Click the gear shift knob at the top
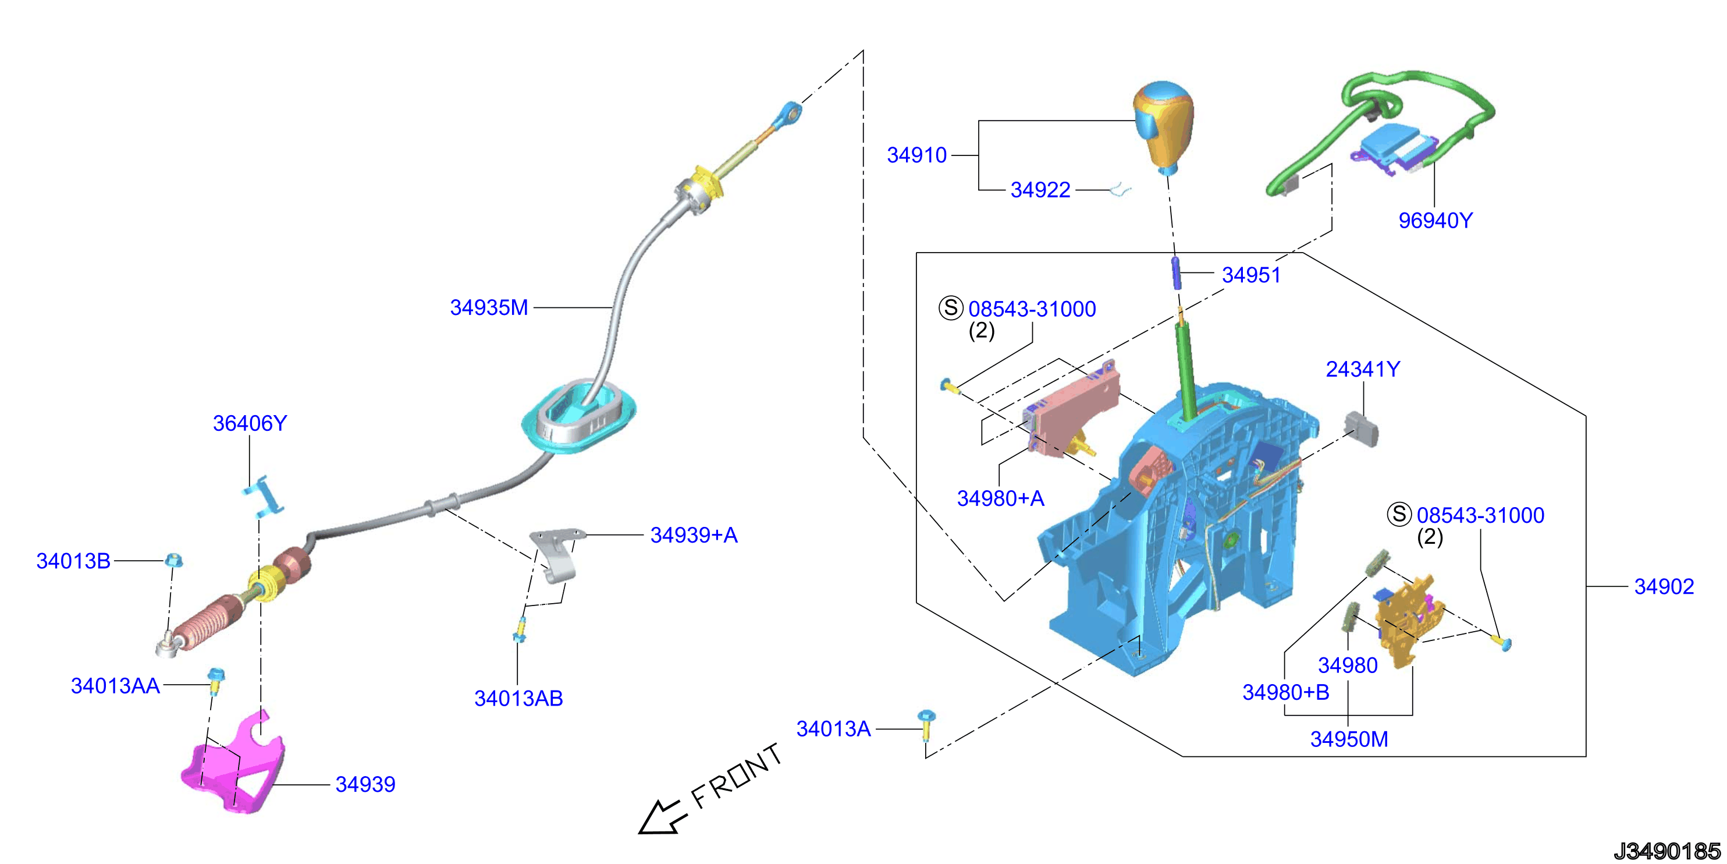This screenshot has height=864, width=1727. tap(1164, 126)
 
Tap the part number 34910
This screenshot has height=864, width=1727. tap(916, 155)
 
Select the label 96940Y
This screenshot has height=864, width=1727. tap(1435, 220)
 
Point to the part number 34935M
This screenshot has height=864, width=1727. tap(489, 307)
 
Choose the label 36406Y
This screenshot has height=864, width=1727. tap(250, 423)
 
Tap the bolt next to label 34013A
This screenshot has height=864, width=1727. tap(926, 724)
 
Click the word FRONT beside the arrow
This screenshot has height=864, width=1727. tap(737, 776)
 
